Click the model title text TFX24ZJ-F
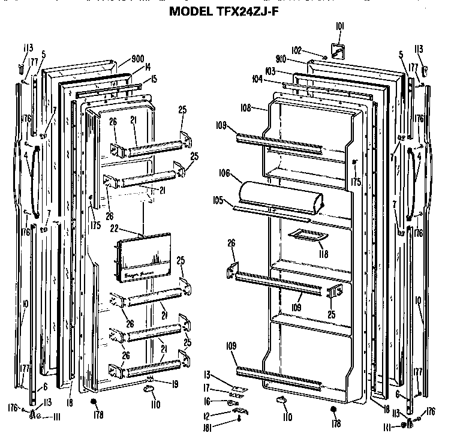pyautogui.click(x=225, y=10)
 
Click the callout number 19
pyautogui.click(x=173, y=384)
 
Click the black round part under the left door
pyautogui.click(x=94, y=402)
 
